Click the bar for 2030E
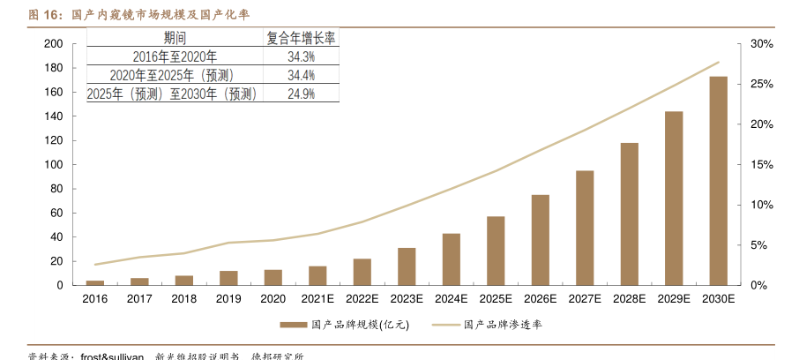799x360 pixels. point(718,181)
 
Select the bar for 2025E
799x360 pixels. point(496,251)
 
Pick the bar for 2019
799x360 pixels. point(228,278)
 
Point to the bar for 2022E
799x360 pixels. point(362,272)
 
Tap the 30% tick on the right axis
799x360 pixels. point(761,44)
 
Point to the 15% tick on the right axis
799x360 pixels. point(761,165)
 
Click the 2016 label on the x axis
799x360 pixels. point(94,299)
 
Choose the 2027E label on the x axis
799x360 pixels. point(585,299)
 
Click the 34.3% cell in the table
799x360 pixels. point(302,56)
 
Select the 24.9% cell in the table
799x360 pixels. point(302,94)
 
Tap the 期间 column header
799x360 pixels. point(175,38)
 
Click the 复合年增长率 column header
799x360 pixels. point(302,38)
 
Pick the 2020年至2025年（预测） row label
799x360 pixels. point(175,75)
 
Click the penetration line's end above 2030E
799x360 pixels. point(719,62)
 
